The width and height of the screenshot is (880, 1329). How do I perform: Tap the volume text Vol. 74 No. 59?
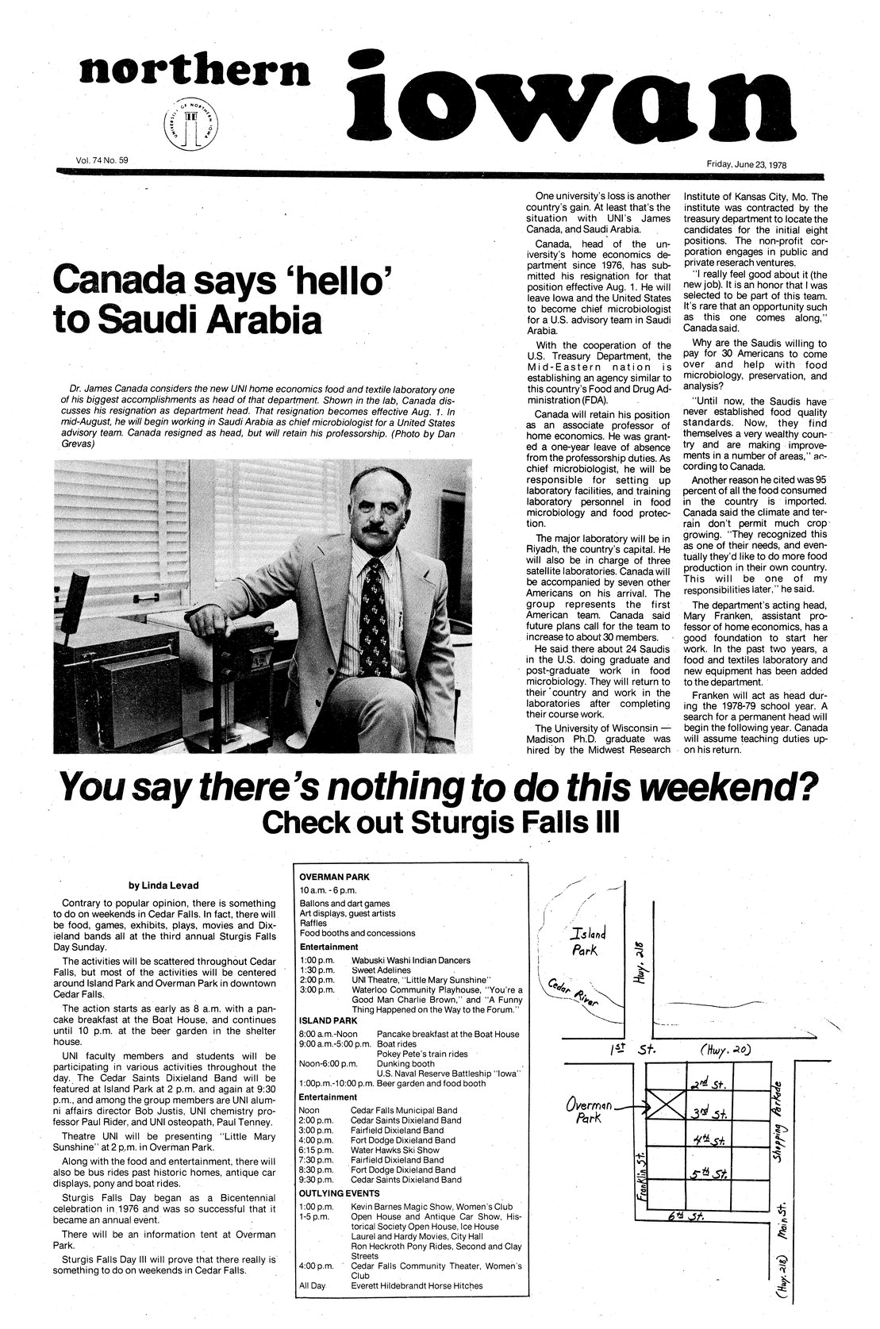pyautogui.click(x=102, y=160)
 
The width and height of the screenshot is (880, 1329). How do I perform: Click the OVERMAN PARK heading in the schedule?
pyautogui.click(x=334, y=877)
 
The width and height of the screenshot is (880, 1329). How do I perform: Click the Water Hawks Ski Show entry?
pyautogui.click(x=395, y=1150)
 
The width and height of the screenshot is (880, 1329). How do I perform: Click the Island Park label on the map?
pyautogui.click(x=588, y=941)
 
